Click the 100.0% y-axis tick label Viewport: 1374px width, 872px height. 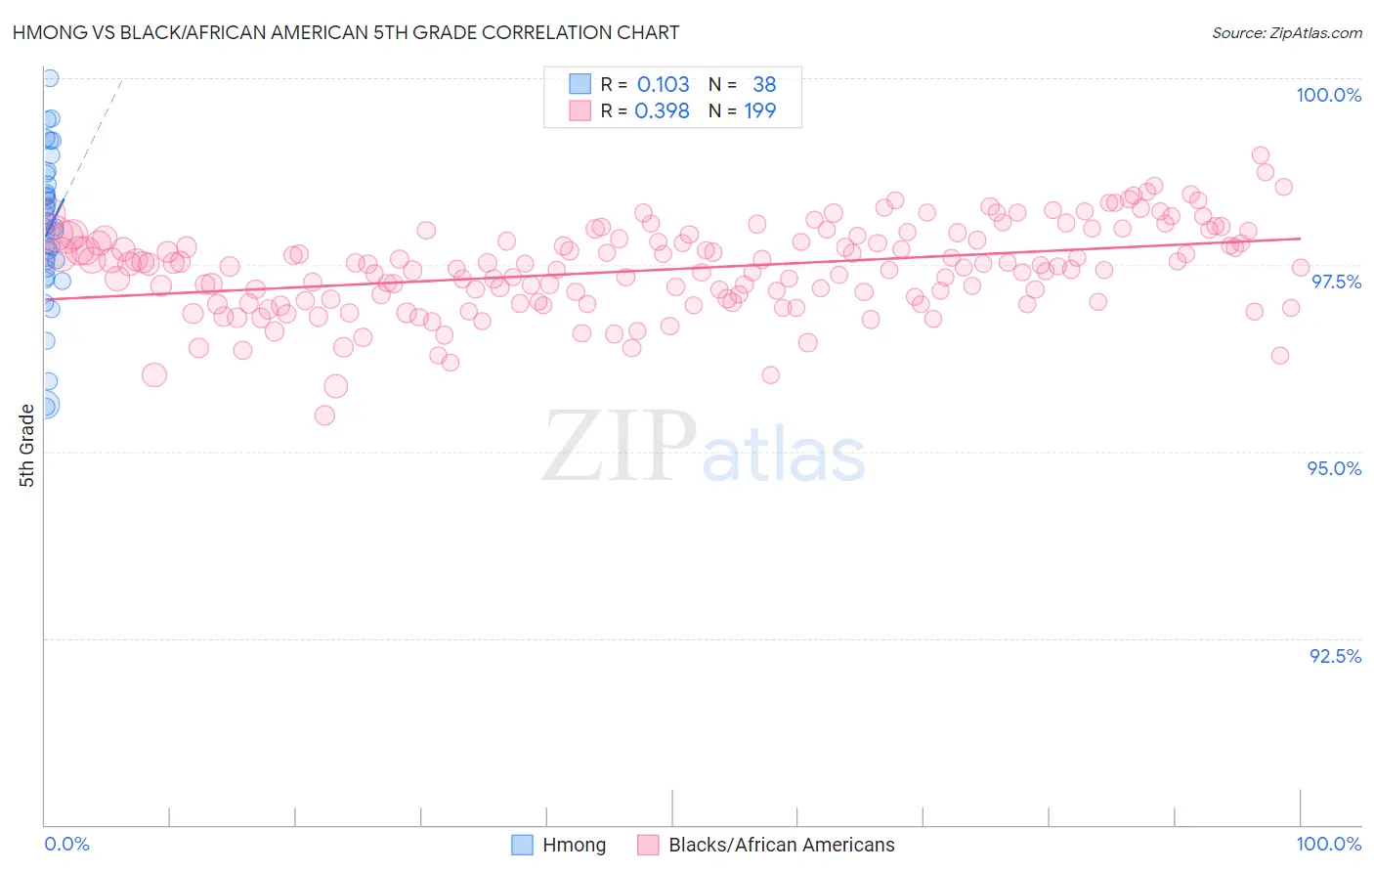click(1328, 95)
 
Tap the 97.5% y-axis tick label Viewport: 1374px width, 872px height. click(1336, 282)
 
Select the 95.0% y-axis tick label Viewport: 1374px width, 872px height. click(1334, 468)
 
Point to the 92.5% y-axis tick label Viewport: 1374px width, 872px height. click(1335, 656)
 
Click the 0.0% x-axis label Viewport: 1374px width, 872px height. click(66, 844)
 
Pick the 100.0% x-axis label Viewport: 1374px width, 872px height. click(1328, 844)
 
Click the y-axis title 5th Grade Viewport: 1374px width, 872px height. click(26, 446)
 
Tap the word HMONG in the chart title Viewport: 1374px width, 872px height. click(45, 32)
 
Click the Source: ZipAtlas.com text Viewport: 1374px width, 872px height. click(1286, 32)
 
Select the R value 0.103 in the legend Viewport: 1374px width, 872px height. click(663, 84)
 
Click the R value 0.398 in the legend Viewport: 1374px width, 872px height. click(663, 110)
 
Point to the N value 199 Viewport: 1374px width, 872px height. click(759, 110)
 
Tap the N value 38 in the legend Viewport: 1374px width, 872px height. click(764, 84)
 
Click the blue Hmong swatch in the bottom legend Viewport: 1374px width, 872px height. click(522, 845)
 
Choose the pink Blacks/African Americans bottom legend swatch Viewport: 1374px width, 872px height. click(648, 845)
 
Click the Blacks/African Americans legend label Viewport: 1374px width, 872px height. click(781, 845)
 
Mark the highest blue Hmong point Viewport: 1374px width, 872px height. click(49, 78)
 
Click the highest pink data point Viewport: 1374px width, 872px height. click(1261, 154)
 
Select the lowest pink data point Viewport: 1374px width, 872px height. click(324, 415)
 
